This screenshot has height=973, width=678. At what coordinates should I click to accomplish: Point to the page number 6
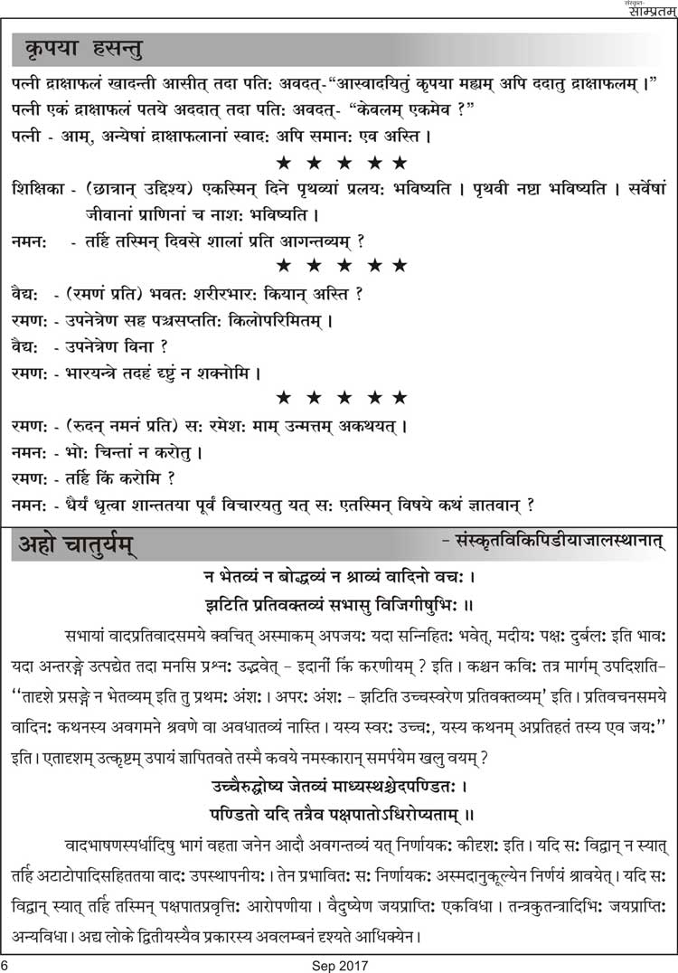point(6,964)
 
